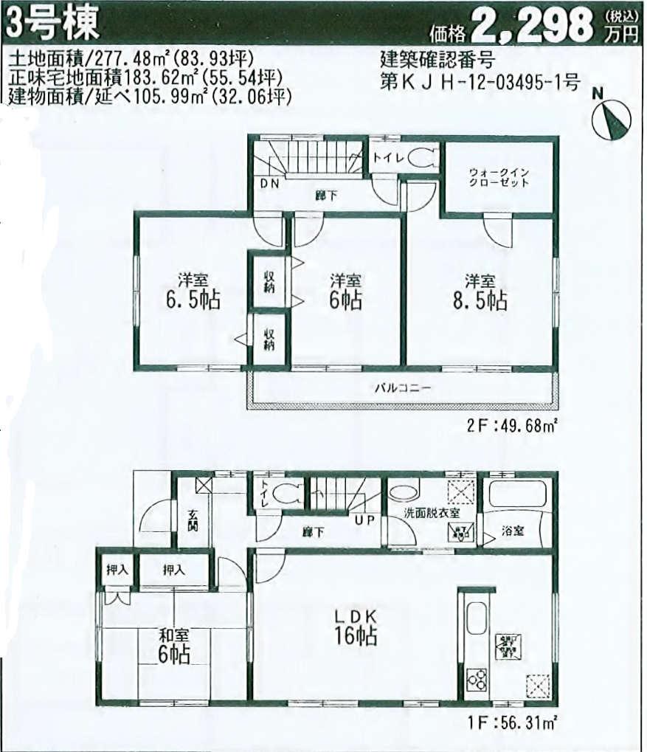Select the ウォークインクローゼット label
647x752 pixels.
pyautogui.click(x=499, y=178)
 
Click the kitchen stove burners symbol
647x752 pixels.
pyautogui.click(x=475, y=677)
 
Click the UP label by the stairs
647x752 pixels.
pyautogui.click(x=366, y=520)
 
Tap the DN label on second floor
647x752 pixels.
pyautogui.click(x=268, y=184)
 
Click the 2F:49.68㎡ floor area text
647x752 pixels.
pyautogui.click(x=511, y=425)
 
